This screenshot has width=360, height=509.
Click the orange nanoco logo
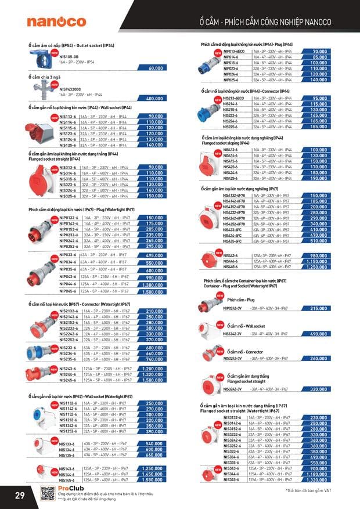point(56,21)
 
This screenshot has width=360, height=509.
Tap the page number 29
point(19,494)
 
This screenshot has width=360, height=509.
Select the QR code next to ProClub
point(48,493)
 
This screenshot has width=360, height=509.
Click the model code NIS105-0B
point(69,57)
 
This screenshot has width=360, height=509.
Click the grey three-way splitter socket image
point(42,88)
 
